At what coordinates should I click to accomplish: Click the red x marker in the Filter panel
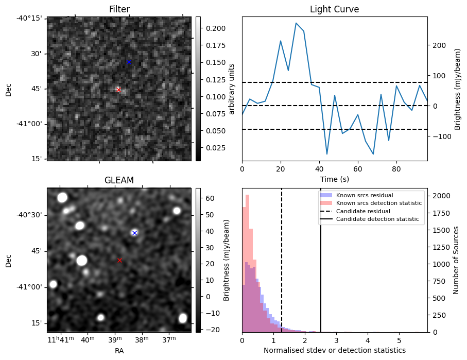click(x=118, y=89)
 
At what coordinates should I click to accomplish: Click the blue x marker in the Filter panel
click(x=129, y=62)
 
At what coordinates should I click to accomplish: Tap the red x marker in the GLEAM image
click(x=119, y=260)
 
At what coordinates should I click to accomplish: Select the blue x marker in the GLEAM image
click(x=134, y=233)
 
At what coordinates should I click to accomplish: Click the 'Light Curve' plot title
click(x=334, y=9)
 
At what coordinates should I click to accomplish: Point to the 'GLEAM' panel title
click(x=119, y=180)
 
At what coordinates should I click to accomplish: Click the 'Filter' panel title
click(x=119, y=9)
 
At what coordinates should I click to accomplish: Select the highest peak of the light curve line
click(x=296, y=23)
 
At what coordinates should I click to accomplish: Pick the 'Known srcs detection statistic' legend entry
click(x=378, y=203)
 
